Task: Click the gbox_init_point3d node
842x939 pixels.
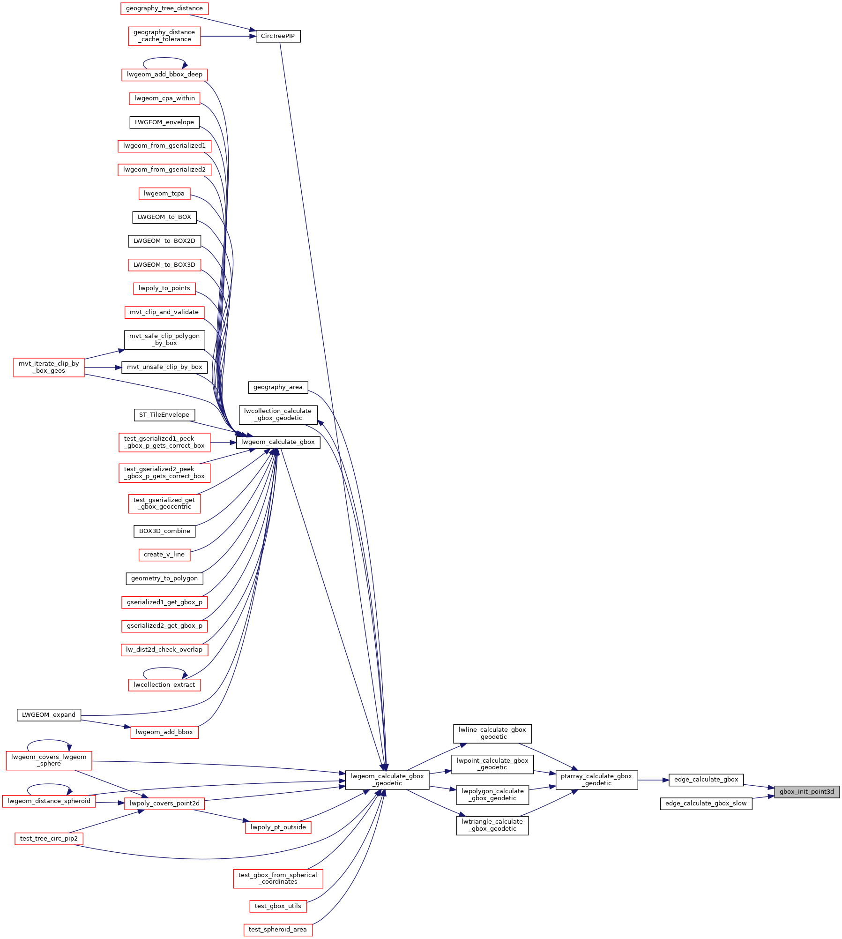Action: pos(807,792)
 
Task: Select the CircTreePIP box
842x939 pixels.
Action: pos(278,36)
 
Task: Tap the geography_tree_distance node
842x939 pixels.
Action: pos(164,8)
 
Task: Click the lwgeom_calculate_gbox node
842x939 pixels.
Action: pos(278,442)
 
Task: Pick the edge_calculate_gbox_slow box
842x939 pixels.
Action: pos(706,804)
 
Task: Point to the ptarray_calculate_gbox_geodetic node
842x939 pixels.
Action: pos(596,780)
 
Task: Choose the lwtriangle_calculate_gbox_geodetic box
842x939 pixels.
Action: pos(492,825)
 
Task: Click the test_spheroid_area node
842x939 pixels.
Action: pos(278,930)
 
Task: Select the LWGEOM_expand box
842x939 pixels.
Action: pos(49,715)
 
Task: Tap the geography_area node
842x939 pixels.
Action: pos(278,387)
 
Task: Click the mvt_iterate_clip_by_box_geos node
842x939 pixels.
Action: pos(49,367)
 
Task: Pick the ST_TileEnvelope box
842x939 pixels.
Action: pos(164,415)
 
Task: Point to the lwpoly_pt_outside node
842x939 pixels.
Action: pos(278,827)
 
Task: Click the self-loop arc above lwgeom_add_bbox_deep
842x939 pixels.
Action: pos(164,58)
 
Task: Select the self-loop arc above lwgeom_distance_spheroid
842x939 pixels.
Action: pos(49,784)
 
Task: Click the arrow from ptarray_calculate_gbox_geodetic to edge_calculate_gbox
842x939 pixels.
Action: pos(653,780)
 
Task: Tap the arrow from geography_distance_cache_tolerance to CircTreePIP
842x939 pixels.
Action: pos(228,36)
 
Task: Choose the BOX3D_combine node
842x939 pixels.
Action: pos(164,531)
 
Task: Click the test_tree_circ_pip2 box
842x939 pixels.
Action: pos(49,839)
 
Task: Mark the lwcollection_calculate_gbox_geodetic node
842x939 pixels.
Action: pos(278,415)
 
